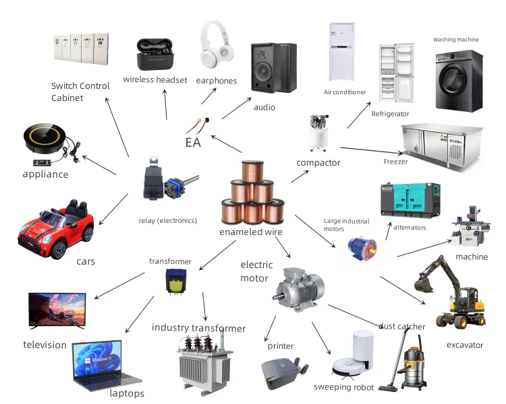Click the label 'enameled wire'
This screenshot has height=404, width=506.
coord(250,232)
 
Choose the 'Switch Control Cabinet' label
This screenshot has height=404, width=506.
coord(80,92)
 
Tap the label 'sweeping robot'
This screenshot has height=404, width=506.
coord(343,386)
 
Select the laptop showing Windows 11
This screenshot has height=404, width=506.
coord(105,367)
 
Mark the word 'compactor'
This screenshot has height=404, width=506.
coord(318,162)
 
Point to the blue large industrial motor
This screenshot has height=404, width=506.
coord(358,248)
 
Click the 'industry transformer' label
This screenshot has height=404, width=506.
coord(198,328)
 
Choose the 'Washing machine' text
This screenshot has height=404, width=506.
coord(455,40)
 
